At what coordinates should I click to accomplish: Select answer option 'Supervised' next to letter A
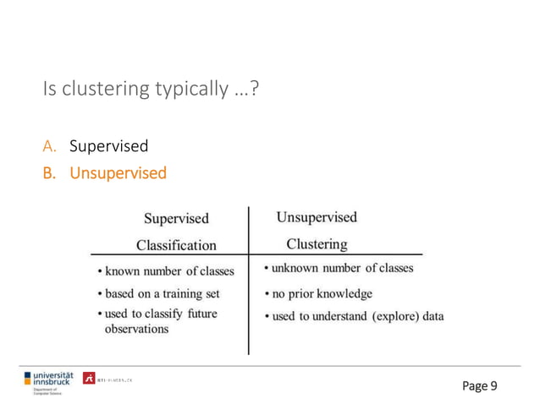108,146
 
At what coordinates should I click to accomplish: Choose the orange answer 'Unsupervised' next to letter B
118,173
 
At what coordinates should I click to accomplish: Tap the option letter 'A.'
51,146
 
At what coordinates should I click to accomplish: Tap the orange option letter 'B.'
51,173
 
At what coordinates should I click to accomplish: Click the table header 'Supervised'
176,218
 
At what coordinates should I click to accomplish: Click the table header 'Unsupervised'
317,217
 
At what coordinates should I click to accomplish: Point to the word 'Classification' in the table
176,245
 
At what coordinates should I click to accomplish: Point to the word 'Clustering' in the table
317,244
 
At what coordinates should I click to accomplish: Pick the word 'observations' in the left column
136,329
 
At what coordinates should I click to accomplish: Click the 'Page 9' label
480,386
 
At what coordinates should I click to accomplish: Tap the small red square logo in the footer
88,379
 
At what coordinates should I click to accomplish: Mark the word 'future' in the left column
196,314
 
